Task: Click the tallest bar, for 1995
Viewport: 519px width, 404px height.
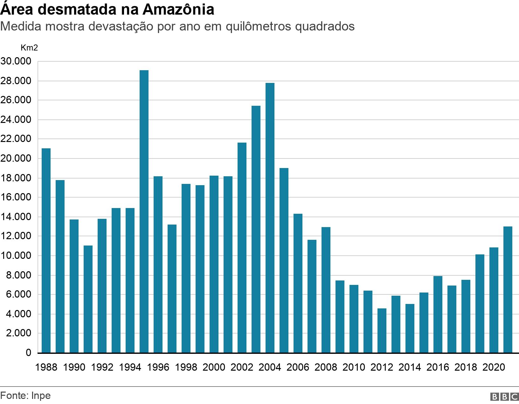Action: click(x=144, y=211)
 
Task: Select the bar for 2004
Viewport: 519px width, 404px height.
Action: click(x=270, y=218)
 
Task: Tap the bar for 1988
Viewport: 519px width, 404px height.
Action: click(x=46, y=250)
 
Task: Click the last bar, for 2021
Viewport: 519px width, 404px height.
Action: click(x=508, y=289)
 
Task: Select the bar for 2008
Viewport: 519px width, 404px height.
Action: click(x=326, y=290)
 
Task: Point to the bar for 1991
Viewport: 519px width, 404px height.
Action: click(x=88, y=299)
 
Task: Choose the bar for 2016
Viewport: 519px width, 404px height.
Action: click(x=438, y=314)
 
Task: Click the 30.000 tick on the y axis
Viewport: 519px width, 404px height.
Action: click(x=16, y=61)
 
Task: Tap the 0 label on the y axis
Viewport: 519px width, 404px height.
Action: click(x=28, y=353)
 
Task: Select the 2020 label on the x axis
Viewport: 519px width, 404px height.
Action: click(x=494, y=367)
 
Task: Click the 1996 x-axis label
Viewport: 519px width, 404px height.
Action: click(x=158, y=367)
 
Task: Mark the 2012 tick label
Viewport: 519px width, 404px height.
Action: click(x=382, y=367)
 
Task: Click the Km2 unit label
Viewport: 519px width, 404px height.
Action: click(x=29, y=48)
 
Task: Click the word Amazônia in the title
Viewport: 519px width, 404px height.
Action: click(x=178, y=10)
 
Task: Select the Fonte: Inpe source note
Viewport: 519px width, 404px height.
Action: click(x=25, y=396)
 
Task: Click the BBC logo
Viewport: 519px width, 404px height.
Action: click(x=504, y=397)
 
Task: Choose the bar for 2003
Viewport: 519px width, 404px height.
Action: click(x=256, y=229)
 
